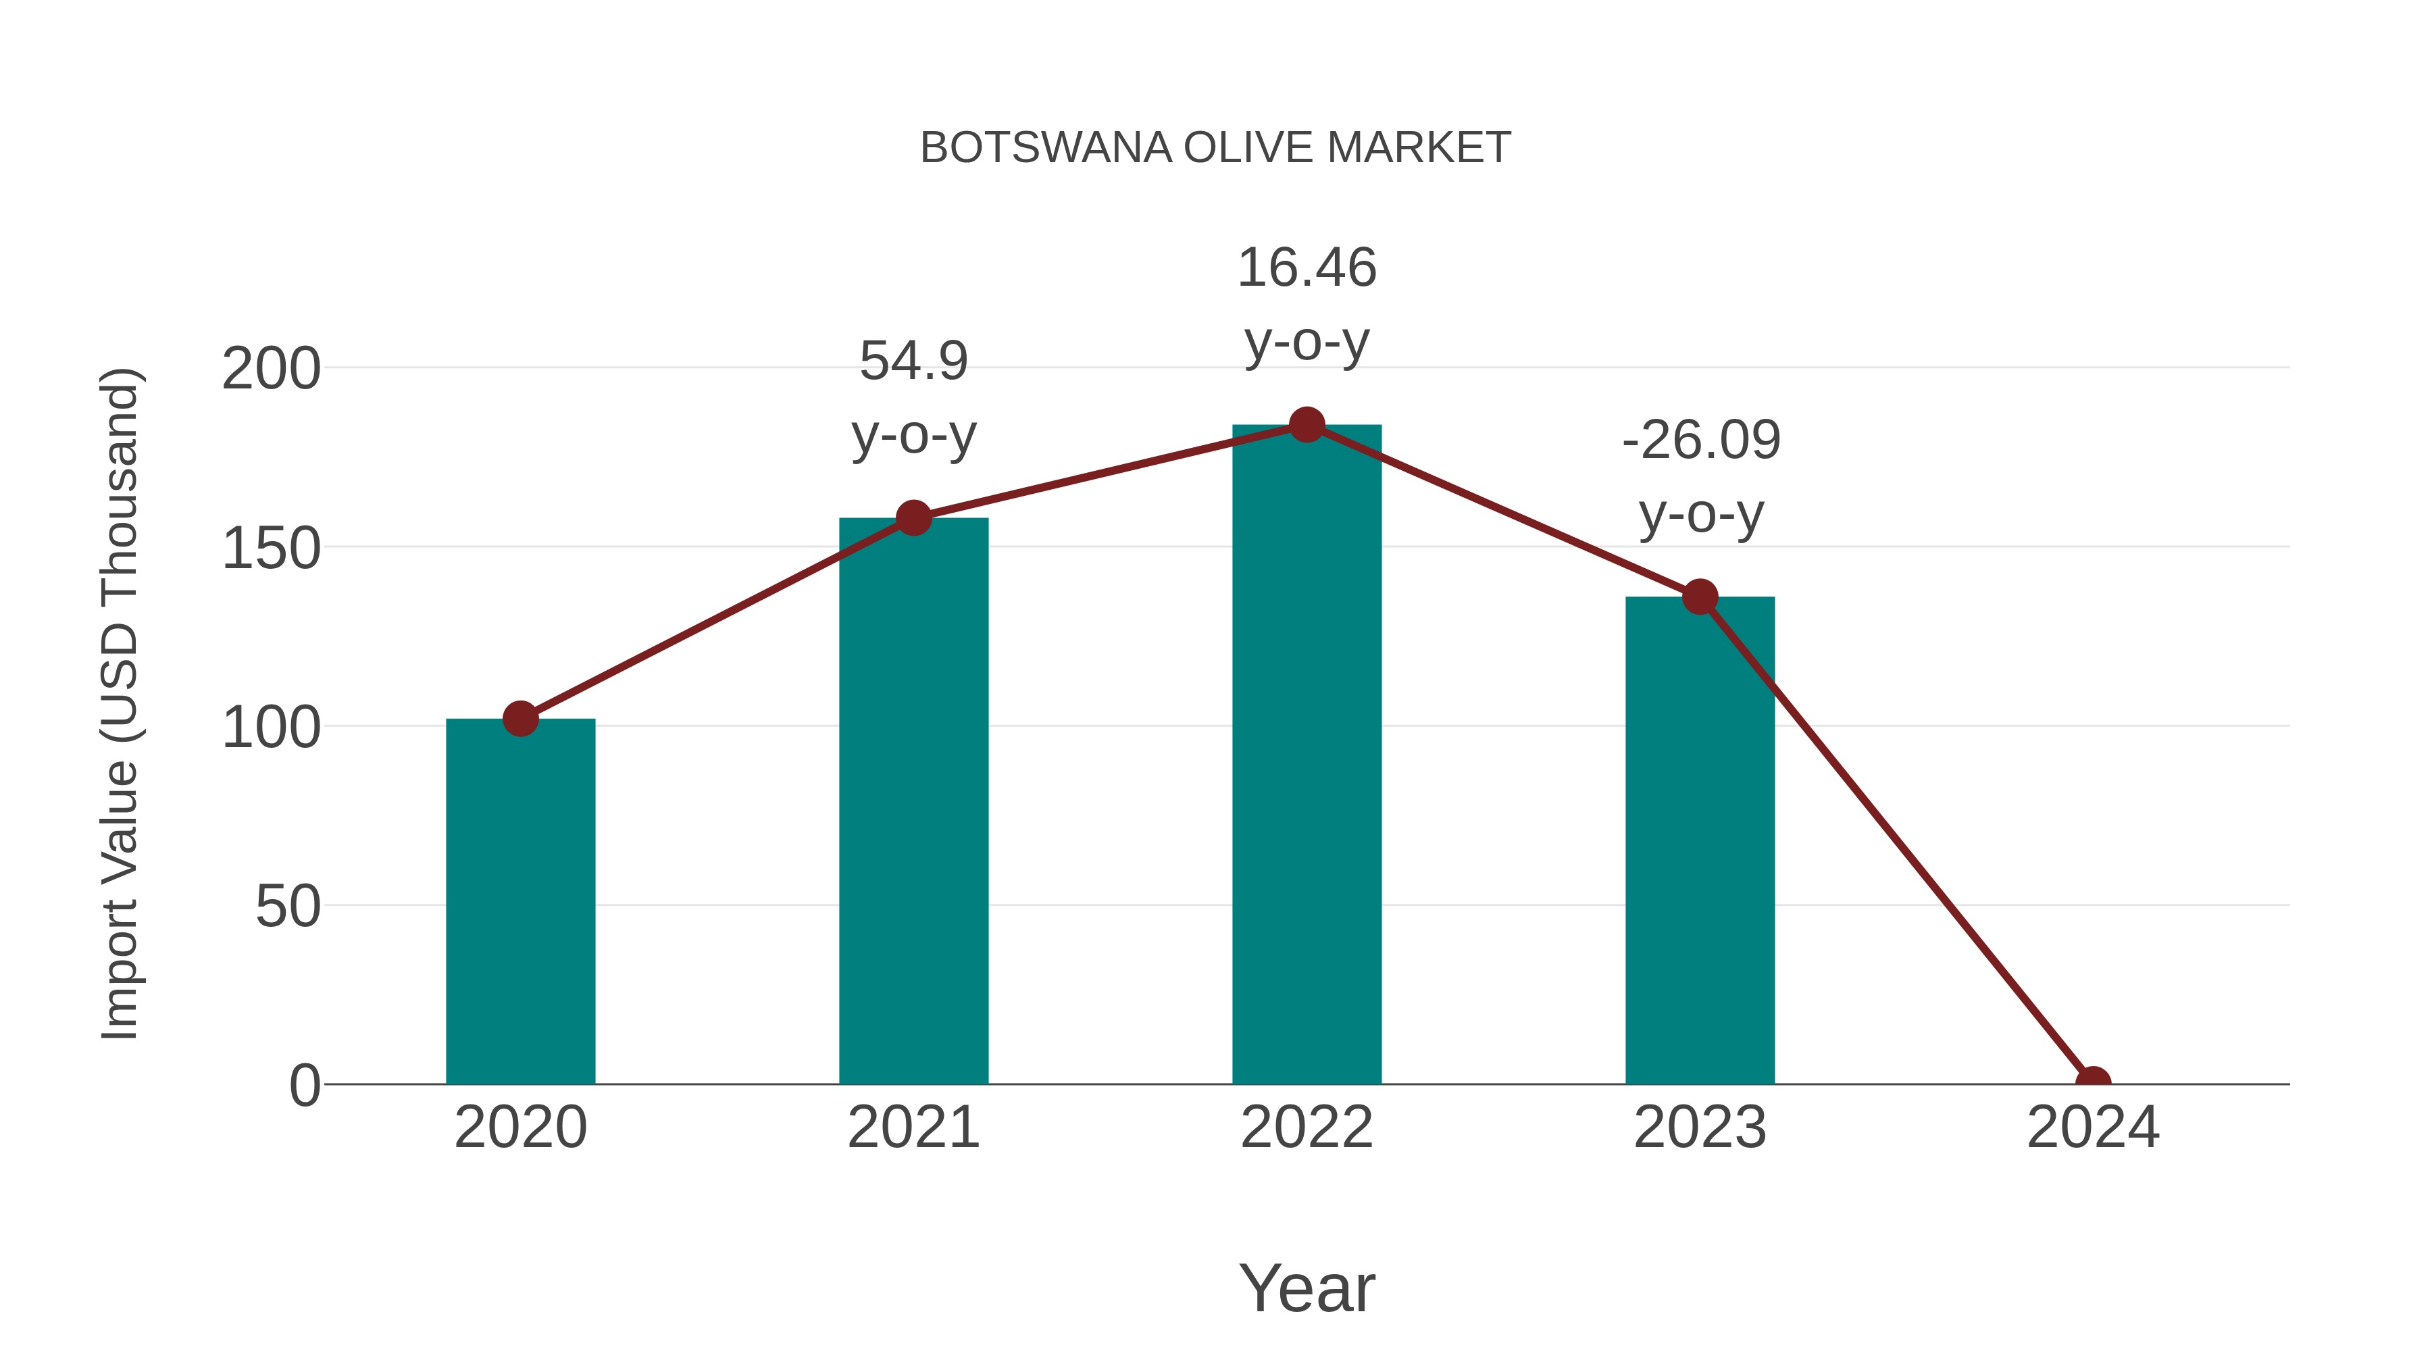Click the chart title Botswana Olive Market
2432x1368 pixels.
[x=1215, y=148]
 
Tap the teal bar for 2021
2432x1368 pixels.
[x=913, y=803]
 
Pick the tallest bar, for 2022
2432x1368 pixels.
[x=1307, y=755]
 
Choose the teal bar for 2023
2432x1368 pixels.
[x=1700, y=840]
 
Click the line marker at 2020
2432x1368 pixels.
[x=520, y=719]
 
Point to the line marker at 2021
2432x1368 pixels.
[x=913, y=517]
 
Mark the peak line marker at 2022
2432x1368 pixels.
[x=1307, y=425]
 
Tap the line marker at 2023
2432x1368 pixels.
[x=1700, y=597]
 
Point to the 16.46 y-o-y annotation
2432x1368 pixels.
[x=1307, y=304]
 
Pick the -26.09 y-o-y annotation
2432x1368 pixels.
[x=1700, y=477]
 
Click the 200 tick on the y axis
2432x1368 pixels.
[x=271, y=368]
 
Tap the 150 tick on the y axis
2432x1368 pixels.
[x=271, y=548]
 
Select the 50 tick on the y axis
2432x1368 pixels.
[x=288, y=907]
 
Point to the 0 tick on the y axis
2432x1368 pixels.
[x=305, y=1086]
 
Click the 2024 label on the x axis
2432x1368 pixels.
[x=2093, y=1128]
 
